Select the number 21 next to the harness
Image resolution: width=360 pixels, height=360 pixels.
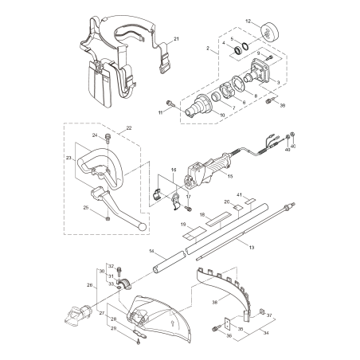(x=176, y=38)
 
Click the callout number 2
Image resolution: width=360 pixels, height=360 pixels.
(x=208, y=49)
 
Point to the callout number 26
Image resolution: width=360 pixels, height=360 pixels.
(x=90, y=284)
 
